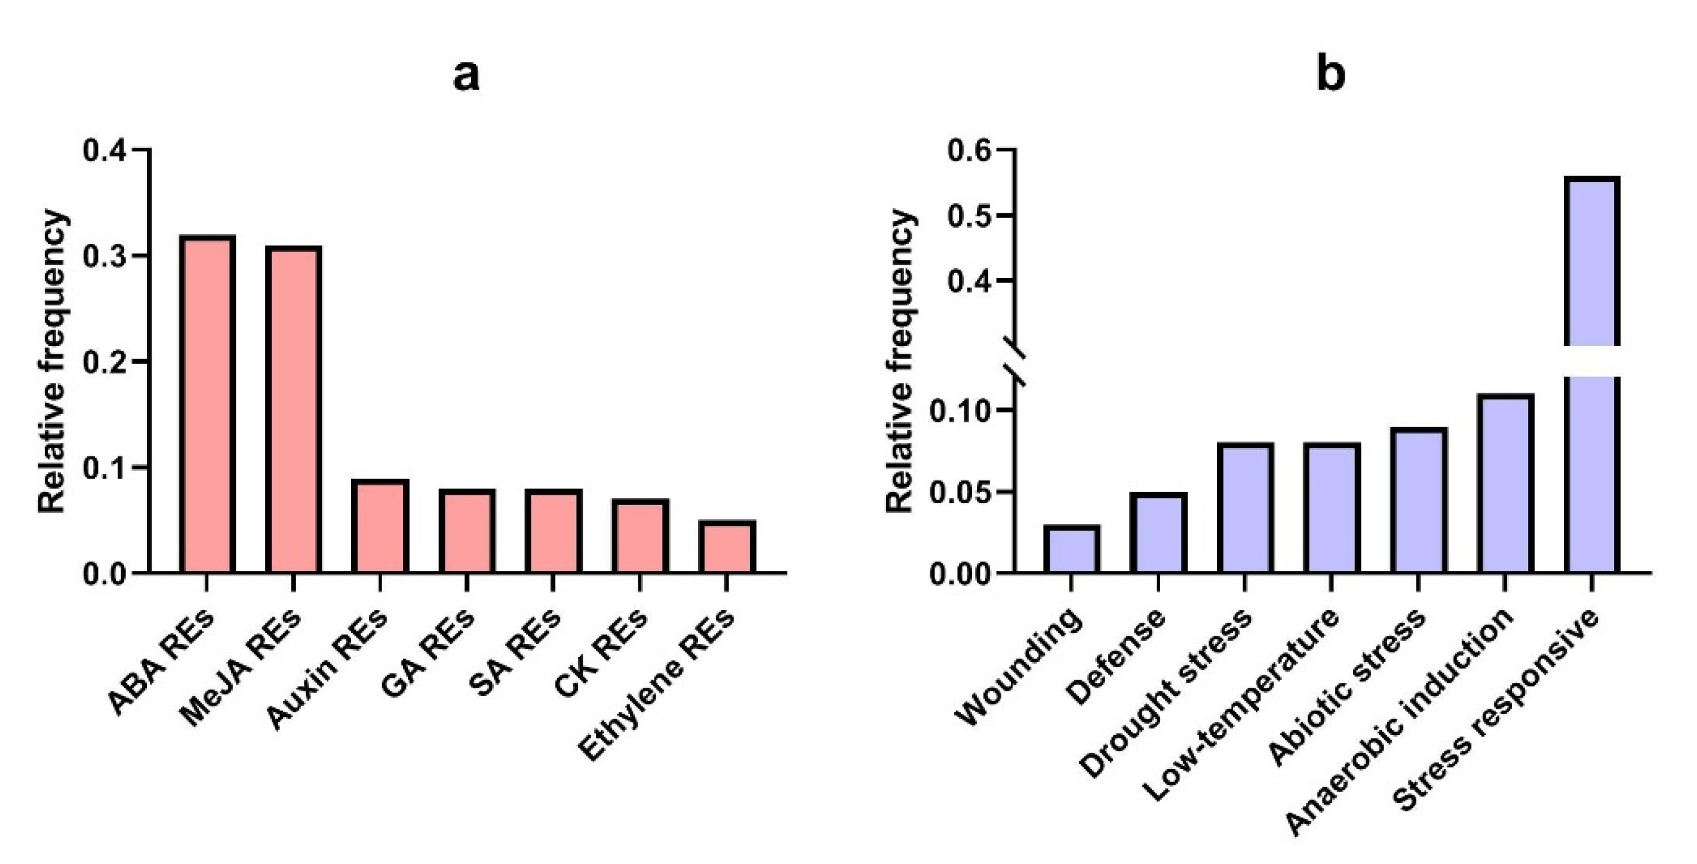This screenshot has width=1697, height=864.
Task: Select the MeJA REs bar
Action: coord(294,409)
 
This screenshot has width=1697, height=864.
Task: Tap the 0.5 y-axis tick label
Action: coord(969,216)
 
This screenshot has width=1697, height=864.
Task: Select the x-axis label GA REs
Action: coord(428,652)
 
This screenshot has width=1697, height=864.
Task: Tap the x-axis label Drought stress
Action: coord(1166,692)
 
